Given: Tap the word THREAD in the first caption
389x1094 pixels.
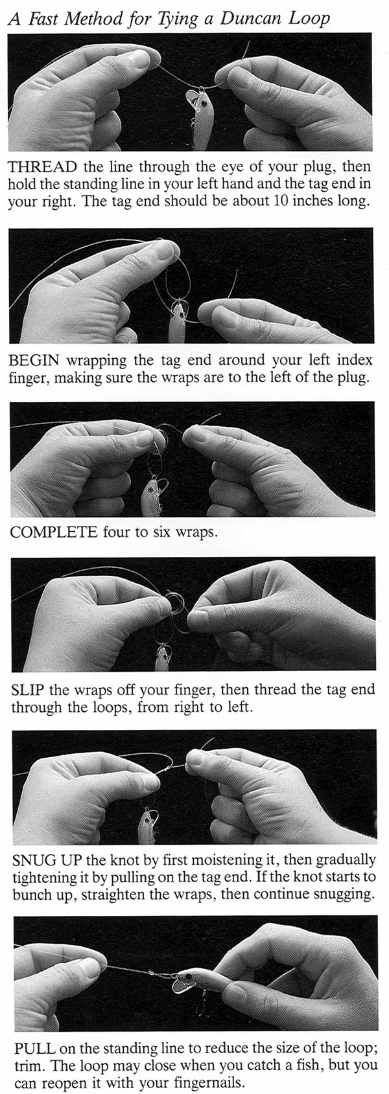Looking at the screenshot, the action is point(42,167).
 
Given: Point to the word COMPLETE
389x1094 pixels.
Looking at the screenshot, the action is point(54,531).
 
